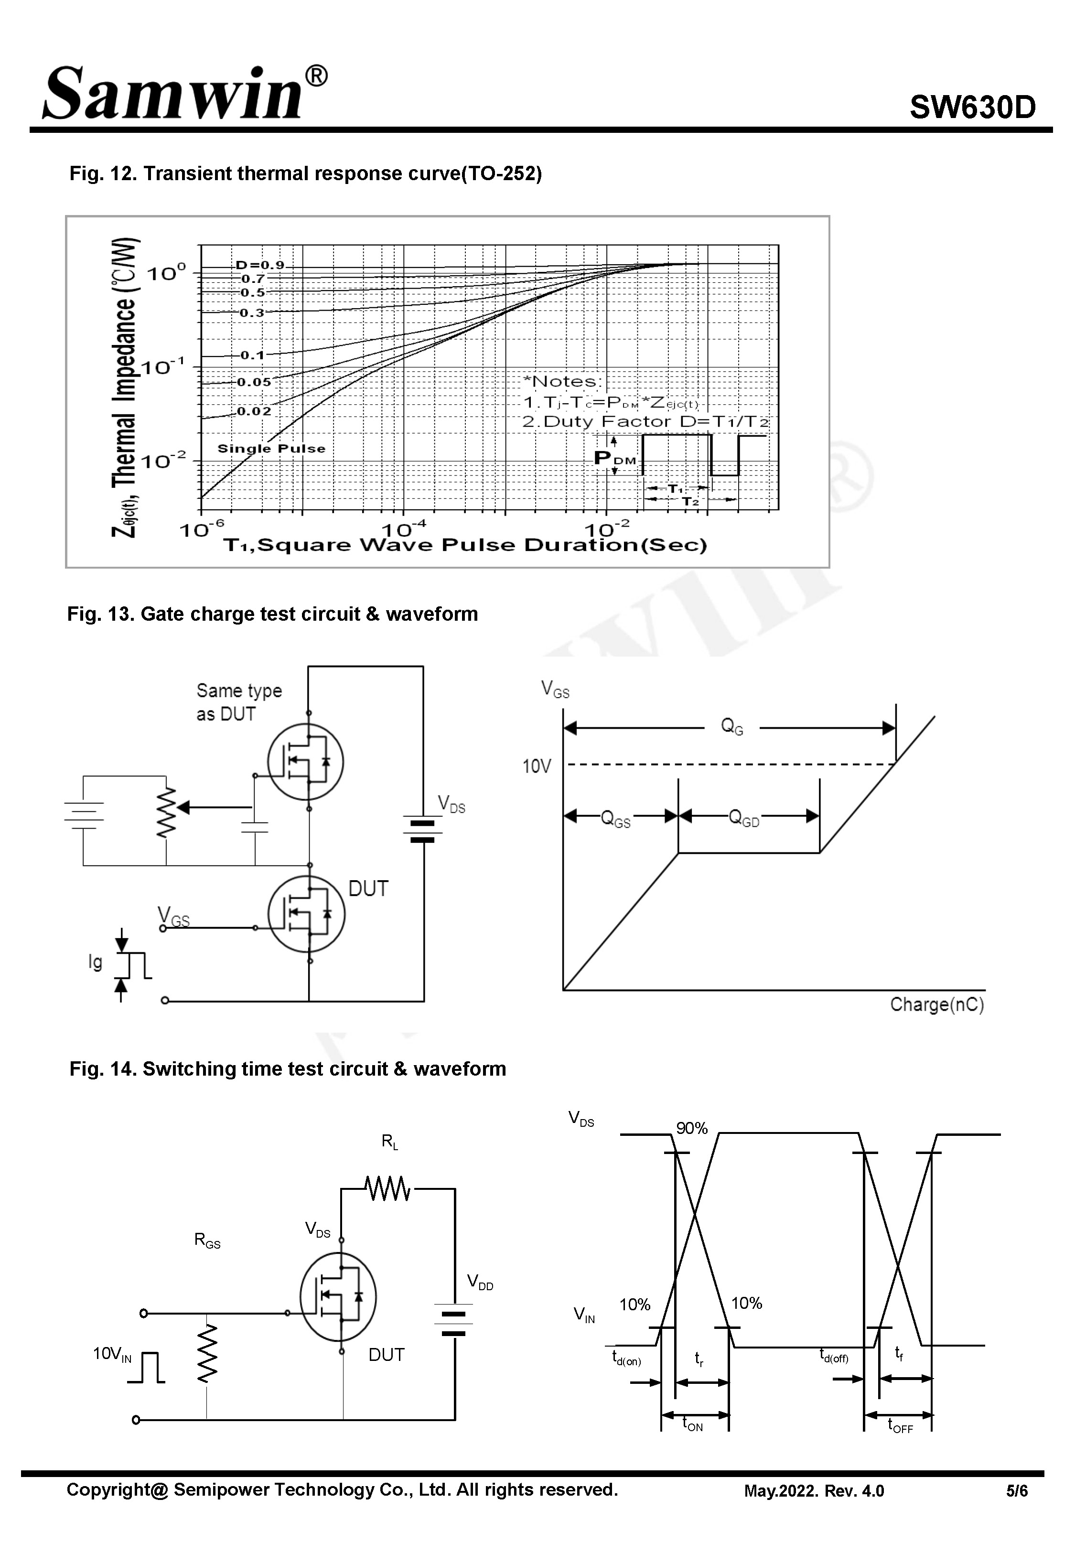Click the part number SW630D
click(972, 107)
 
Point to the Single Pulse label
click(271, 449)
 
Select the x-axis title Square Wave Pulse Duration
click(465, 546)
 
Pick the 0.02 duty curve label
click(254, 411)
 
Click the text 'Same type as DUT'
click(239, 702)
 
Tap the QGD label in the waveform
click(744, 819)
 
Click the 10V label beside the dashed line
click(537, 766)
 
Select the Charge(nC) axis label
click(937, 1004)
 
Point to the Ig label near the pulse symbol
click(96, 962)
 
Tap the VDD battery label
click(480, 1282)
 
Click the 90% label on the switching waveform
click(692, 1128)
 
